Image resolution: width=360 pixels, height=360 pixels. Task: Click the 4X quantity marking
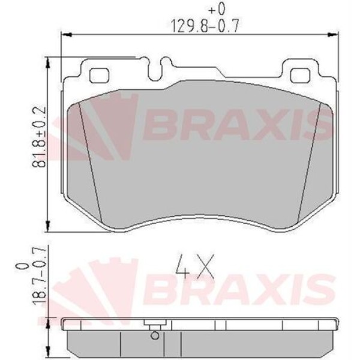(x=195, y=266)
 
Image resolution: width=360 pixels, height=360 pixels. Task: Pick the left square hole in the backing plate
(x=97, y=76)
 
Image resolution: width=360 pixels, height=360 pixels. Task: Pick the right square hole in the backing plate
(x=300, y=76)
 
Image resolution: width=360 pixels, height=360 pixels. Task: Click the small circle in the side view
(x=154, y=335)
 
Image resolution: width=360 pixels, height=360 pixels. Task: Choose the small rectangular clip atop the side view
(x=150, y=324)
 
